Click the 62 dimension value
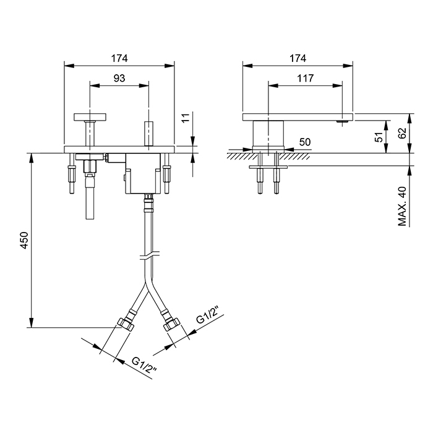coord(403,132)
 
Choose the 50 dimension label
coord(304,142)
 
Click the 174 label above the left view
coord(119,58)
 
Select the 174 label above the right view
coord(298,58)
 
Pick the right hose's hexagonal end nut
coord(171,323)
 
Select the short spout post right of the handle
coord(149,134)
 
